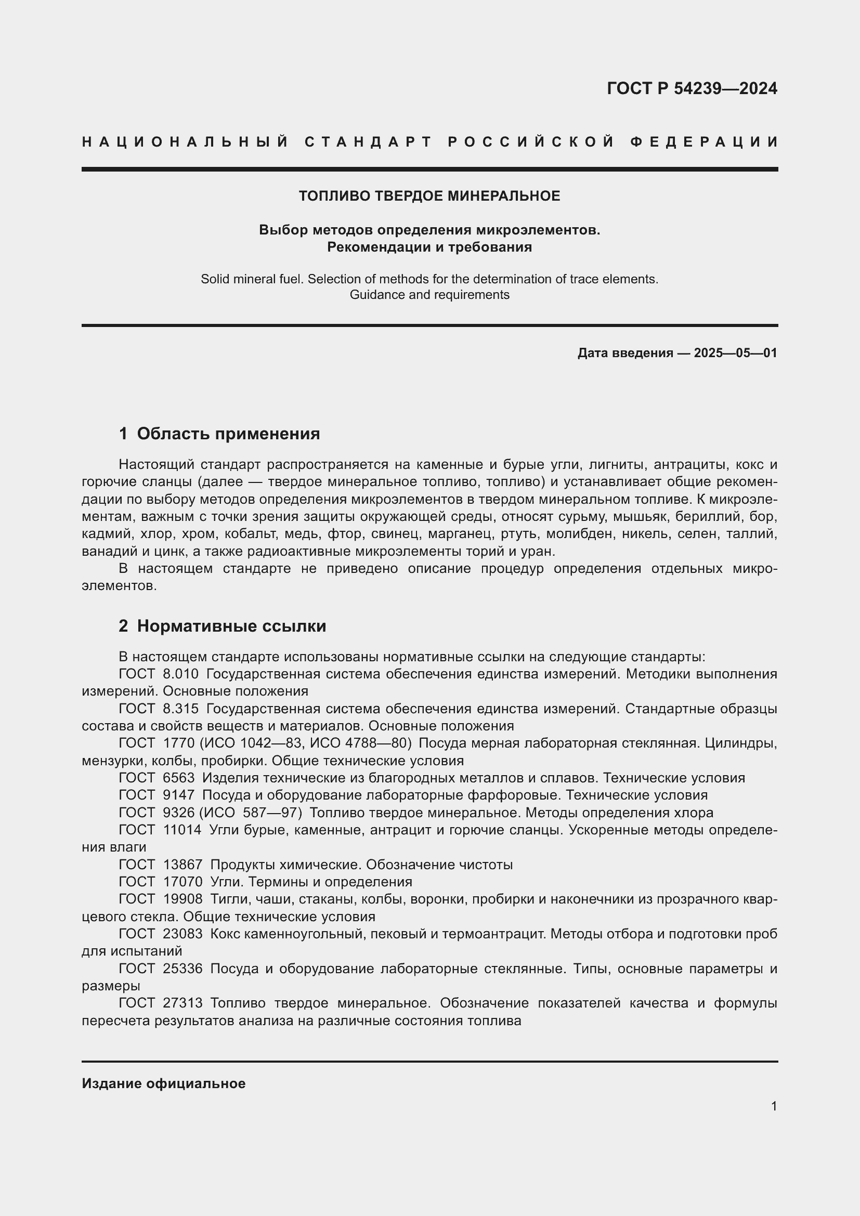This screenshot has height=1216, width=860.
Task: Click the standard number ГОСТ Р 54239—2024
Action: (692, 88)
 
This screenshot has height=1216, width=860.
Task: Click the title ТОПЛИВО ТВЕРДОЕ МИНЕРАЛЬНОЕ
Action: (429, 196)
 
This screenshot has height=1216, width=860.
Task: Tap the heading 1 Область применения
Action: (219, 434)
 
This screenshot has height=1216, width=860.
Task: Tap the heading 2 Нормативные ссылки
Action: (223, 626)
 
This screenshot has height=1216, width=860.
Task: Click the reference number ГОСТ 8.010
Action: (159, 674)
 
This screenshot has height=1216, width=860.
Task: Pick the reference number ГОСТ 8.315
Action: (159, 709)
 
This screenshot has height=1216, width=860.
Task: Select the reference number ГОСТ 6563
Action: (157, 778)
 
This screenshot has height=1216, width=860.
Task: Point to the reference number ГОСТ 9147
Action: (157, 795)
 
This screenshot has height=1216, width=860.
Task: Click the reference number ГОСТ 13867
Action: (161, 865)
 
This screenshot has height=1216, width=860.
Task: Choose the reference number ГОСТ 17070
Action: (161, 882)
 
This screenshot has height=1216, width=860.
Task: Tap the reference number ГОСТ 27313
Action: (161, 1003)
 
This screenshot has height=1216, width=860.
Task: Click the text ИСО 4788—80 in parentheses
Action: (360, 743)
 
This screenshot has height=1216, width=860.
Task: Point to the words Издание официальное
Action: (164, 1083)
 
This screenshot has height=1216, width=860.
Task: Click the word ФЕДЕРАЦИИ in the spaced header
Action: (704, 142)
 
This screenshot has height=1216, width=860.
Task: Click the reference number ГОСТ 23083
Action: (161, 934)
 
